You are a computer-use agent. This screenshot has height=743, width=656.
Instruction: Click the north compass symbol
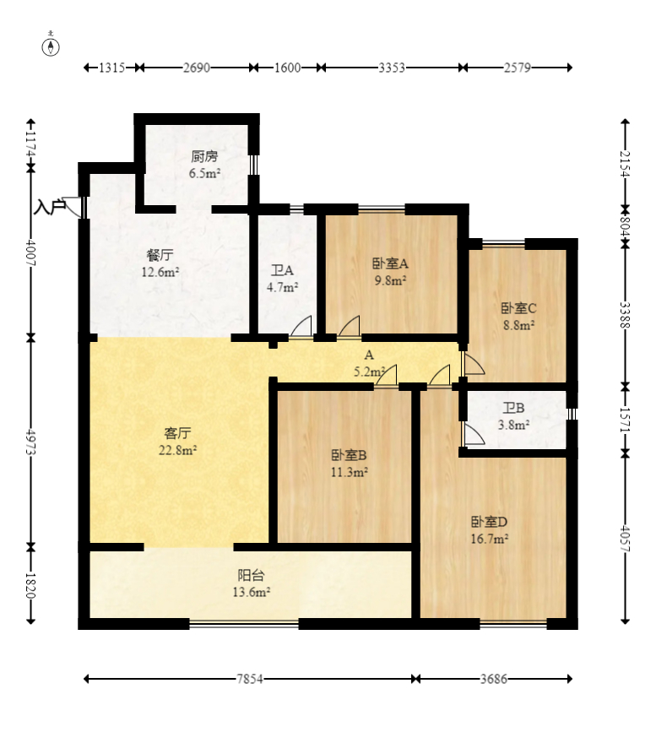click(51, 46)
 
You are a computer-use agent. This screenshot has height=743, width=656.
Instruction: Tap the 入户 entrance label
click(49, 208)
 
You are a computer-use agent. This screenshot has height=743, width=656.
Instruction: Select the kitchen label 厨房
click(204, 156)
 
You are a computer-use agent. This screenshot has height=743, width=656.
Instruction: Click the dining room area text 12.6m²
click(160, 272)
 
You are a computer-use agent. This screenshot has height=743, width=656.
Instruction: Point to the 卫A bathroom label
click(282, 270)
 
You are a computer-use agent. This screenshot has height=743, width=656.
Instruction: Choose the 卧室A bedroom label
click(390, 263)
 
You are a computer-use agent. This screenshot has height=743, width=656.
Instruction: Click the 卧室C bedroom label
click(518, 308)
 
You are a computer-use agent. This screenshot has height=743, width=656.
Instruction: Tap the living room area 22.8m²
click(178, 450)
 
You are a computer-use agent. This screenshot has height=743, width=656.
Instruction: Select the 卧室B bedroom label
click(349, 455)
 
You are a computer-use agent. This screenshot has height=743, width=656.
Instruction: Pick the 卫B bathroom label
click(514, 408)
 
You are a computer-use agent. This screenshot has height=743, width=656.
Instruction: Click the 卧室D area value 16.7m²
click(489, 539)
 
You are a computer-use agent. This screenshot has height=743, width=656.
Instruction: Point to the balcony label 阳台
click(251, 575)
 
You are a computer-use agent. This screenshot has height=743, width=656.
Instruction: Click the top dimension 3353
click(392, 68)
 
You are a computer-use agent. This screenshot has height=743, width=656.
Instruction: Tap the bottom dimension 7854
click(250, 679)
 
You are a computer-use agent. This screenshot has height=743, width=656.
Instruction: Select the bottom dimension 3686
click(493, 679)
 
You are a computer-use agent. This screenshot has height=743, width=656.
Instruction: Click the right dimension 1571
click(626, 420)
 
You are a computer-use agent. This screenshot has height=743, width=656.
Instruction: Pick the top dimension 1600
click(287, 68)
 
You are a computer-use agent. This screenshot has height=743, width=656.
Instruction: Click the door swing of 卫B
click(474, 435)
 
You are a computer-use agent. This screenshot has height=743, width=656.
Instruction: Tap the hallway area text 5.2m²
click(369, 371)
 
